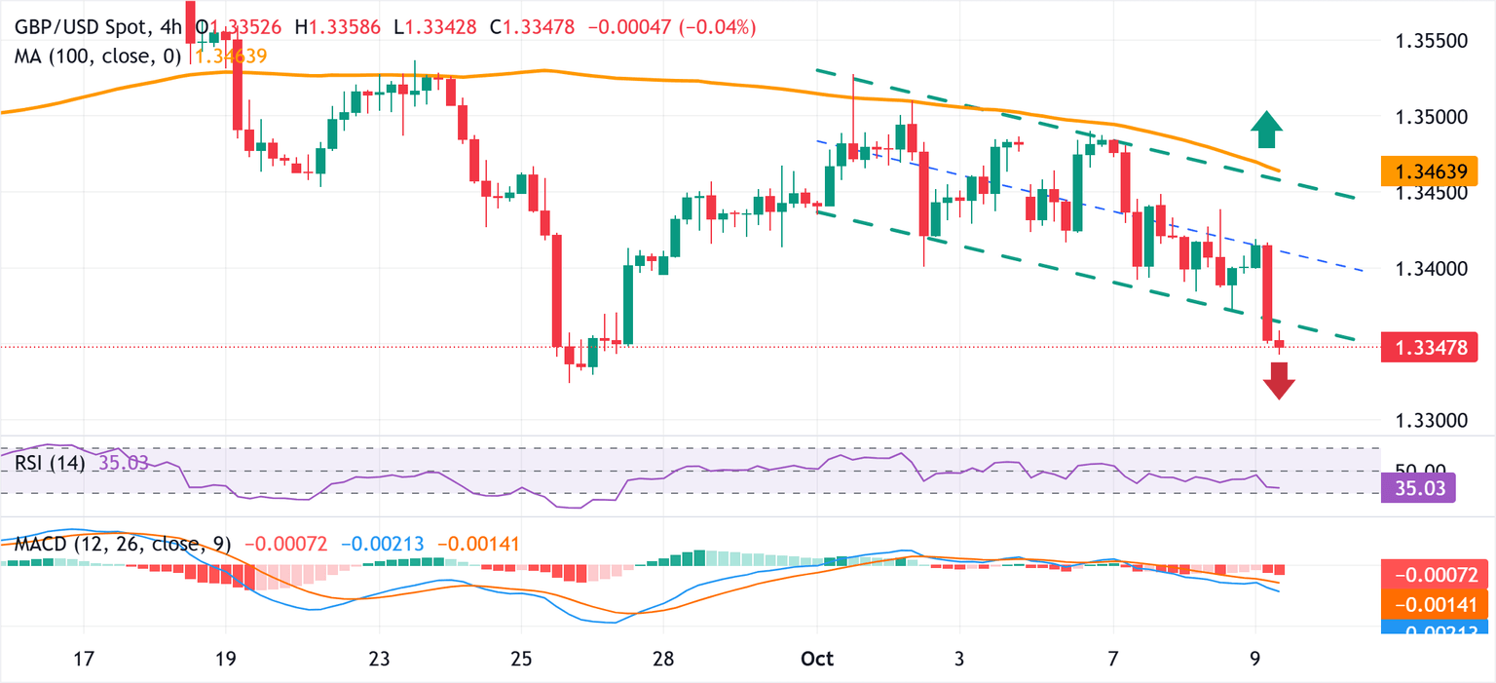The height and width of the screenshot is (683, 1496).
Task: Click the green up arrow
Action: [x=1265, y=129]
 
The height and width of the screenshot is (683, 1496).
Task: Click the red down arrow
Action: [x=1278, y=380]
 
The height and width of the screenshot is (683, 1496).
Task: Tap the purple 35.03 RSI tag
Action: [x=1419, y=487]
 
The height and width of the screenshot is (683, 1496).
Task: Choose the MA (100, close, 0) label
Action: [x=97, y=57]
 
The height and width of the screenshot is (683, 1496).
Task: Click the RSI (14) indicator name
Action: [x=49, y=463]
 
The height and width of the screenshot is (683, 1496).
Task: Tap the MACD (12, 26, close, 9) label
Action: [x=123, y=544]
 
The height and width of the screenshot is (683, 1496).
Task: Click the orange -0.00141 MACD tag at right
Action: [x=1436, y=605]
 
